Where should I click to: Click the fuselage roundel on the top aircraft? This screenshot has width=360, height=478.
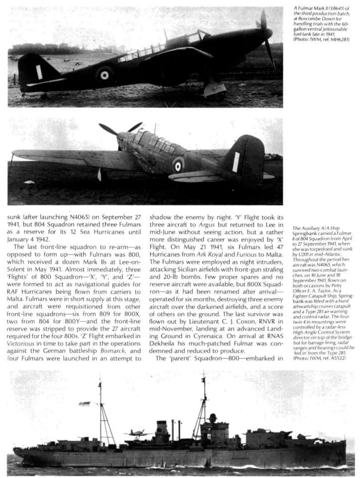click(104, 75)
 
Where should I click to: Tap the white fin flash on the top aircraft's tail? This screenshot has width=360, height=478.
click(39, 72)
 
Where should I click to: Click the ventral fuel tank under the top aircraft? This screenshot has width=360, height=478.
click(215, 90)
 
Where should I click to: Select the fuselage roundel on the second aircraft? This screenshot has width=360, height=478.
click(178, 165)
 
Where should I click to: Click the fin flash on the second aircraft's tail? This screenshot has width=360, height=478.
click(236, 162)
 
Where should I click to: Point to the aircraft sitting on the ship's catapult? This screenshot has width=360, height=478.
click(138, 432)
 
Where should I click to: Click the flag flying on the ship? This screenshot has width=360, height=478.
click(85, 403)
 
